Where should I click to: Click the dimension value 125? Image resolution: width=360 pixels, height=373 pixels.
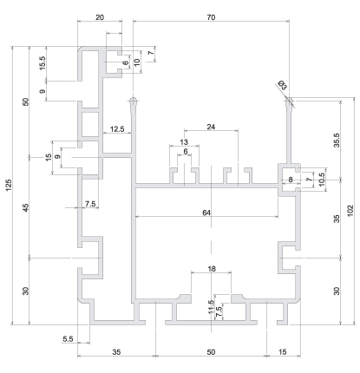coord(9,185)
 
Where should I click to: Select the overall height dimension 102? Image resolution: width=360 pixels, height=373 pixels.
coord(350,211)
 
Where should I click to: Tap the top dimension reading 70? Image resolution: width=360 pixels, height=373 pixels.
coord(211,17)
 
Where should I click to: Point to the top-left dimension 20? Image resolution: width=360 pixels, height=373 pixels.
coord(100,17)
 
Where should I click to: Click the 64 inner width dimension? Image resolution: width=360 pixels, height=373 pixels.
coord(206,213)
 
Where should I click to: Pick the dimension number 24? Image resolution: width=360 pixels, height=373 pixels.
coord(211,127)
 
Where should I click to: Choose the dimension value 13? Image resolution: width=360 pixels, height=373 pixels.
coord(184,142)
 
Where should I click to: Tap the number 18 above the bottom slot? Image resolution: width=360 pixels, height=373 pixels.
coord(212,269)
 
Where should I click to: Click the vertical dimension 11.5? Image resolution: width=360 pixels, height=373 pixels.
coord(211,306)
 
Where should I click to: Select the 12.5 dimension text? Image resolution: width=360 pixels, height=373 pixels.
coord(117,129)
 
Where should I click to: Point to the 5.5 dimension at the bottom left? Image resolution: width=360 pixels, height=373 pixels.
coord(68,338)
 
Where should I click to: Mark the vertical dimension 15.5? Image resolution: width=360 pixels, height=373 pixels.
coord(43,63)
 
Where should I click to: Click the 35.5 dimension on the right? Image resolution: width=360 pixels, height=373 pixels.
coord(337,141)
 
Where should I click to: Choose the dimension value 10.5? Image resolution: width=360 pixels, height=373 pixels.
coord(321,180)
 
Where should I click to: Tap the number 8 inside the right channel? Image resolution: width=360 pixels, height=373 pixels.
coord(291,180)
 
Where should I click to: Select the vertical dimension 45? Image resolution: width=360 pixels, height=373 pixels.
coord(26,207)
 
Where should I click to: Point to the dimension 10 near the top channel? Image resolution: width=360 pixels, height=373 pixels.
coord(137,62)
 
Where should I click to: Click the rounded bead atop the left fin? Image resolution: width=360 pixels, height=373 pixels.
coord(133,101)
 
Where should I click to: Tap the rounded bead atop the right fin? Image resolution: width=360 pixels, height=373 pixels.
coord(289,101)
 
